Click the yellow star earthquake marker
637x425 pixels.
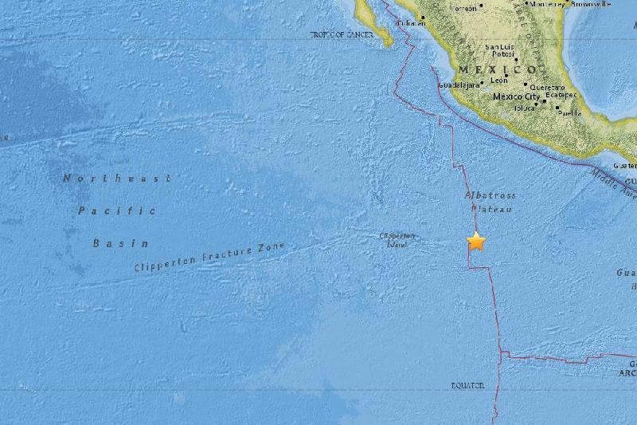[476, 242]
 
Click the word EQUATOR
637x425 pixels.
[467, 386]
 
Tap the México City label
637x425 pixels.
[517, 96]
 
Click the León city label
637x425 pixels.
[498, 81]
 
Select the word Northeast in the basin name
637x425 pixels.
[116, 179]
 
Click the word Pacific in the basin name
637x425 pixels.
[116, 211]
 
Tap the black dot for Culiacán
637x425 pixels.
[422, 18]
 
